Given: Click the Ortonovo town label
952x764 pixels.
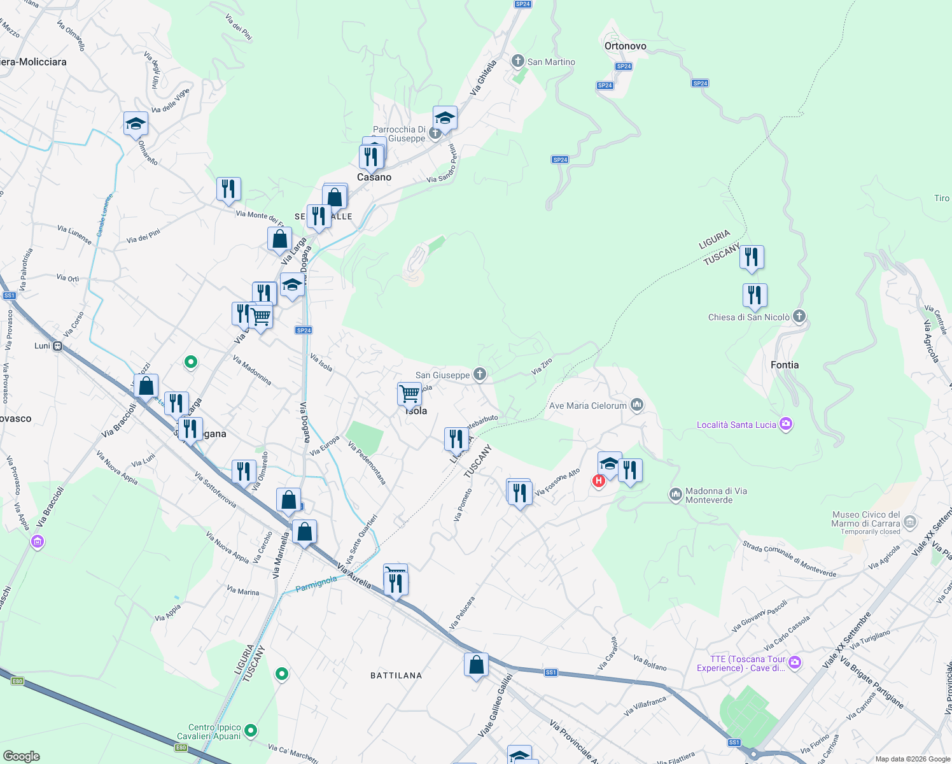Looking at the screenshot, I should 625,46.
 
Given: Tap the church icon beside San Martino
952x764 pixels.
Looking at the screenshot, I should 517,61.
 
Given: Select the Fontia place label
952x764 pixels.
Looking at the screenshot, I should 784,365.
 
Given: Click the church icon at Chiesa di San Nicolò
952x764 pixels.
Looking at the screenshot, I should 799,316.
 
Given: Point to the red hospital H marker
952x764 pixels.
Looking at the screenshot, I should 598,481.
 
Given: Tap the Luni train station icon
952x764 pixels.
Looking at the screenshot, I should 57,346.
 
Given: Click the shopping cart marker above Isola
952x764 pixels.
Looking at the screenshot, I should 409,393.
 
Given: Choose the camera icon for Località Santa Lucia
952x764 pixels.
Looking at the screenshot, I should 786,424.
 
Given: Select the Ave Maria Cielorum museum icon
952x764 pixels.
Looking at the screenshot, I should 637,405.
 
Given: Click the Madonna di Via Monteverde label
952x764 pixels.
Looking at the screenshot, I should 716,495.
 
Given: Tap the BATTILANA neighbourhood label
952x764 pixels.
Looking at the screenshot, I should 396,676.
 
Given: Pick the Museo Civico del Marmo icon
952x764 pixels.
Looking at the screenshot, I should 910,522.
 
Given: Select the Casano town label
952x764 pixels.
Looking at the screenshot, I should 374,177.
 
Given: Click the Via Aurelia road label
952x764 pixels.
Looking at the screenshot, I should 354,576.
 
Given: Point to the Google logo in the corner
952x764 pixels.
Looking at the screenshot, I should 21,756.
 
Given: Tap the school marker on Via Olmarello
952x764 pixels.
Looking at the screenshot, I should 136,123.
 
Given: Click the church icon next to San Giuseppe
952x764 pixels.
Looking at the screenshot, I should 479,374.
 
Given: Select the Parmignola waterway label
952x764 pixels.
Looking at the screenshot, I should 317,583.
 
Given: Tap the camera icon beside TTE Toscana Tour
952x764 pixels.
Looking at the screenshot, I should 794,663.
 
